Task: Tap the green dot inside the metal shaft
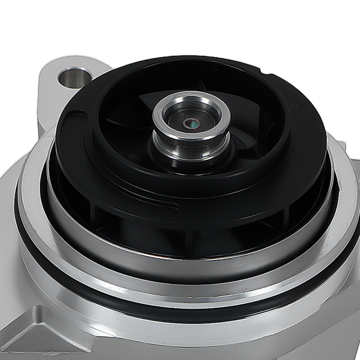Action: point(193,125)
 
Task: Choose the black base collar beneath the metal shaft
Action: point(169,162)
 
